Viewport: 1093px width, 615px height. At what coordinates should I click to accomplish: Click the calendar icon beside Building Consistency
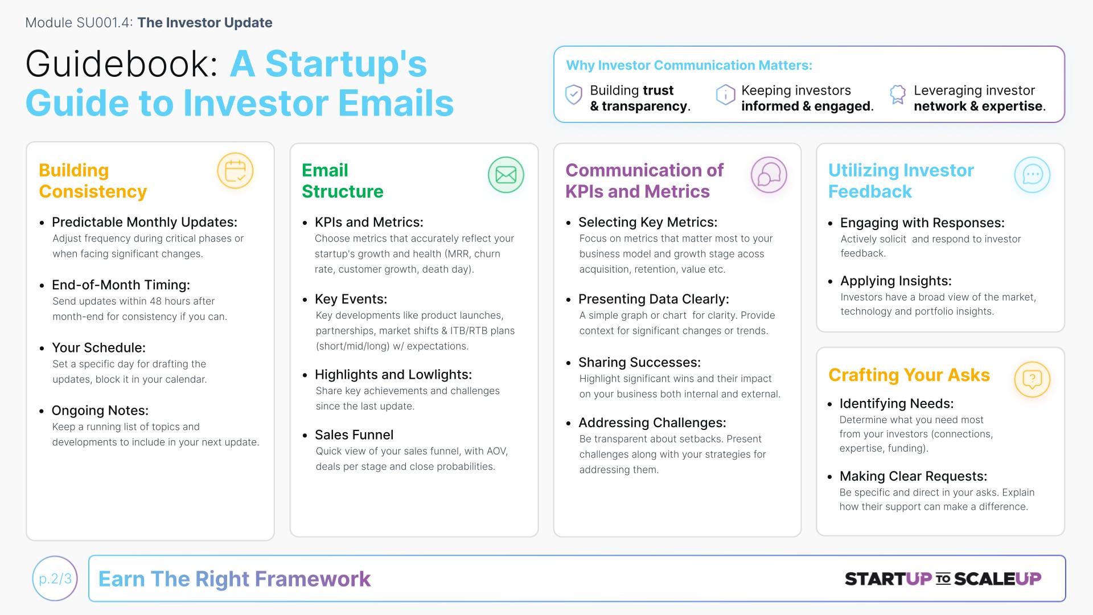coord(235,171)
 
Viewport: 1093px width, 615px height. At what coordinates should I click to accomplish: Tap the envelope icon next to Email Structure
coord(506,175)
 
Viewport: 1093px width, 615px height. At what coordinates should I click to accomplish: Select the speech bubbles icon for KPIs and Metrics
coord(769,175)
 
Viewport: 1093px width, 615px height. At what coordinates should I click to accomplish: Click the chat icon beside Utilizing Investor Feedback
coord(1032,175)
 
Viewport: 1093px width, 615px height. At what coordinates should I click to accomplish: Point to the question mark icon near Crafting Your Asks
coord(1032,379)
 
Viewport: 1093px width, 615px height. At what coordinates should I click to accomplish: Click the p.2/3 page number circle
coord(55,579)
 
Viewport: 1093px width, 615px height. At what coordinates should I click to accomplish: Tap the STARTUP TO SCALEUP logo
coord(943,579)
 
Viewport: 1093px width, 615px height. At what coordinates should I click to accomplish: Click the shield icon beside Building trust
coord(574,95)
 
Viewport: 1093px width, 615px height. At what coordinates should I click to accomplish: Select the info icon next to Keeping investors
coord(725,95)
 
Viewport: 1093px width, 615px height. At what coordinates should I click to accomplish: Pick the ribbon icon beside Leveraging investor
coord(898,95)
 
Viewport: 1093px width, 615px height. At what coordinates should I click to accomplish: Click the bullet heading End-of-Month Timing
coord(121,285)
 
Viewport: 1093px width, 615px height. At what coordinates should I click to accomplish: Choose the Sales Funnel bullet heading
coord(354,435)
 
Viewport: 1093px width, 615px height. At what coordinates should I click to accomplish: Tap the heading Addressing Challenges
coord(652,423)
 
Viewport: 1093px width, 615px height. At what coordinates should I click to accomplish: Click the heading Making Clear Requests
coord(913,476)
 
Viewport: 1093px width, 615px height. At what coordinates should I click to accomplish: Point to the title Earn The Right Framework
coord(235,579)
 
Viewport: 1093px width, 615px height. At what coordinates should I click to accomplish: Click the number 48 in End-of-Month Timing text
coord(156,301)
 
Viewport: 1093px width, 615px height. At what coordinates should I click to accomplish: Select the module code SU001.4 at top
coord(103,23)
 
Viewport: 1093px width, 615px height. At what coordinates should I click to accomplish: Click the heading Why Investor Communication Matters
coord(689,65)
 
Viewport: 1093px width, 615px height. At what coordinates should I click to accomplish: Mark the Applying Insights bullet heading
coord(896,281)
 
